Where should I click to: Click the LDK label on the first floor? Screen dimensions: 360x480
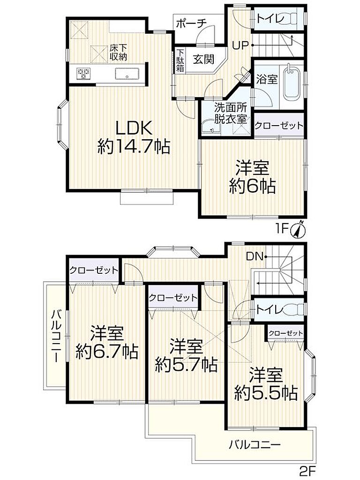click(x=134, y=128)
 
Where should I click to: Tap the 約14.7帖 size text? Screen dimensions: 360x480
click(x=134, y=147)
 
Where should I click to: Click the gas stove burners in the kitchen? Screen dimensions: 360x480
click(x=83, y=74)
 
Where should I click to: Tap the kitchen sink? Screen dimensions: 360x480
click(x=127, y=74)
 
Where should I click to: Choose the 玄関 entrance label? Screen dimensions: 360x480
click(x=203, y=60)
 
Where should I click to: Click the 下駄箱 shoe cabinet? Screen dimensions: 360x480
click(x=180, y=60)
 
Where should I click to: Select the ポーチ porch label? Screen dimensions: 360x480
click(x=192, y=24)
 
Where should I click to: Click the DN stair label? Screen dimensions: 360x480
click(x=255, y=256)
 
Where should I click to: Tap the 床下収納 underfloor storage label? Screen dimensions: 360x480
click(x=118, y=52)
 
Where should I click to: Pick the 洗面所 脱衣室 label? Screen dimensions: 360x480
click(x=231, y=113)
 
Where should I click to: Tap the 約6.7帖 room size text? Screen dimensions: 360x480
click(x=107, y=352)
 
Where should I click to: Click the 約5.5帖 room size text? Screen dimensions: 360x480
click(x=266, y=393)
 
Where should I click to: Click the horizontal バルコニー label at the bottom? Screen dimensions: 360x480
click(x=255, y=444)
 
